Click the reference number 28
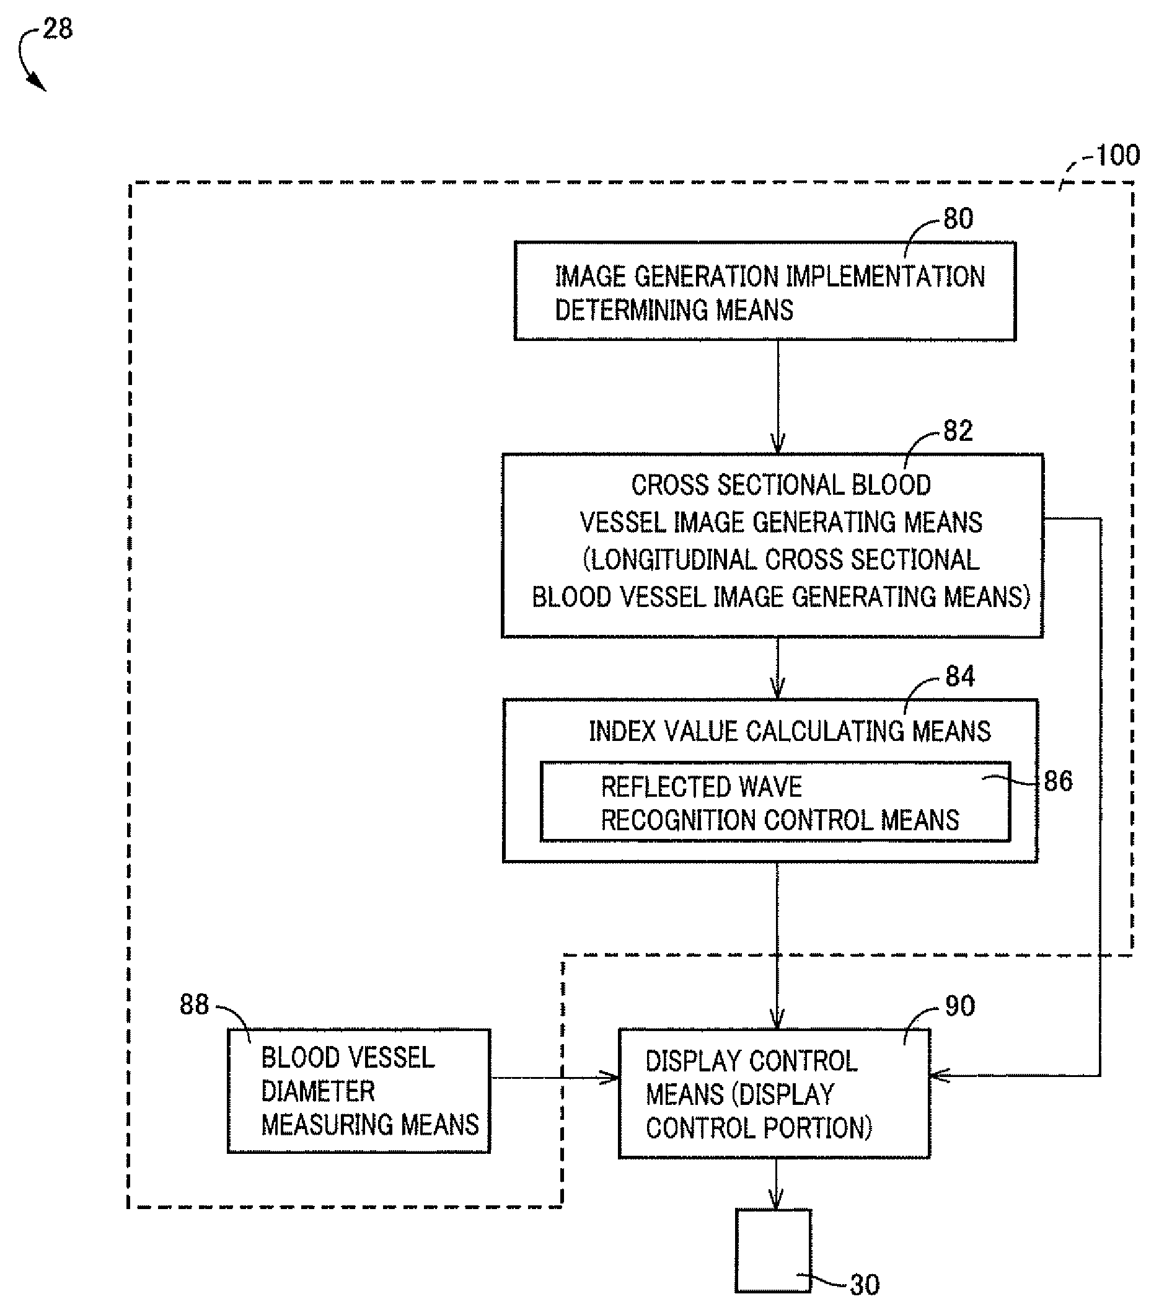(x=58, y=29)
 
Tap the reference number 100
(x=1117, y=156)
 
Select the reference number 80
(x=958, y=219)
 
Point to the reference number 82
(x=958, y=431)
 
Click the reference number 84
(x=960, y=676)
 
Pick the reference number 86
(x=1058, y=781)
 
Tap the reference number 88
(x=195, y=1004)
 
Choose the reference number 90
(x=960, y=1006)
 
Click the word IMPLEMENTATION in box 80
(x=886, y=277)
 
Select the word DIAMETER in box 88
(x=318, y=1091)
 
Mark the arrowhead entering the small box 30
(x=777, y=1199)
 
